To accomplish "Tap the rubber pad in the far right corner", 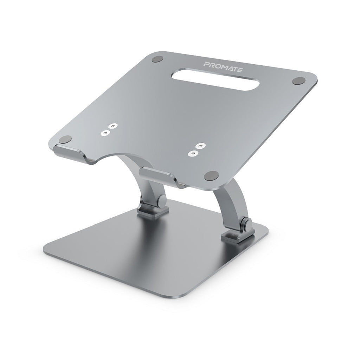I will point(298,81).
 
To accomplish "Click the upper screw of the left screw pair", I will point(112,125).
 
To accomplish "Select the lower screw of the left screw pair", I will point(104,133).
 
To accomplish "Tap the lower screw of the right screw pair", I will point(192,153).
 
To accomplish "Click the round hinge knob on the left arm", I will point(162,201).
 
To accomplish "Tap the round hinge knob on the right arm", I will point(247,224).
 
